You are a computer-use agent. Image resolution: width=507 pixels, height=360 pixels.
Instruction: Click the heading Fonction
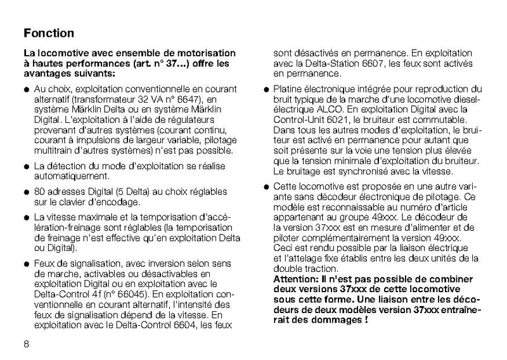(48, 33)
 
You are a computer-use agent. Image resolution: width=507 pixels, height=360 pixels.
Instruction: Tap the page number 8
(26, 343)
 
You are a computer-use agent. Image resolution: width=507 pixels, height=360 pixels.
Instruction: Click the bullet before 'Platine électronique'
(267, 90)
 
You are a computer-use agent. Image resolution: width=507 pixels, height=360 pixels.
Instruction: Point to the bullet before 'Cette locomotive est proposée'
(267, 188)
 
